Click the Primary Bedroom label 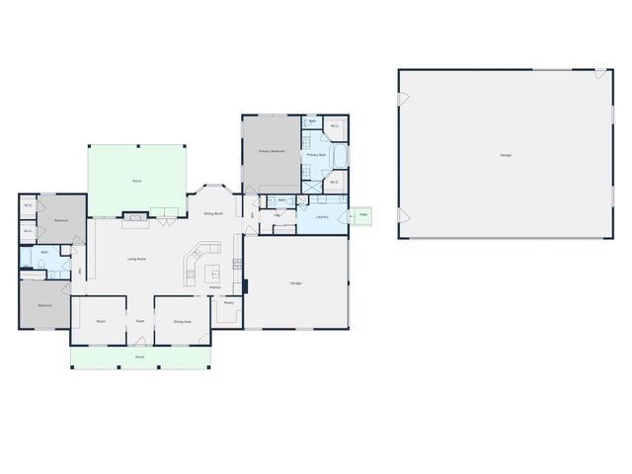(272, 151)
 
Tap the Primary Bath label (316, 156)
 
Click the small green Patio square (363, 214)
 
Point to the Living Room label (136, 259)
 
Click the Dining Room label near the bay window (213, 213)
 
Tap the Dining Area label (182, 322)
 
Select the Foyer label (140, 322)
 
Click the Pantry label (228, 304)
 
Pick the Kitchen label (214, 287)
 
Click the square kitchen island (211, 271)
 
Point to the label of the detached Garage (506, 155)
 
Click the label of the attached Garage (295, 283)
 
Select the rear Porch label (137, 181)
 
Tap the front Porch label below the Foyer (139, 356)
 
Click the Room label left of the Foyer (101, 322)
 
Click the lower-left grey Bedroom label (44, 305)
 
